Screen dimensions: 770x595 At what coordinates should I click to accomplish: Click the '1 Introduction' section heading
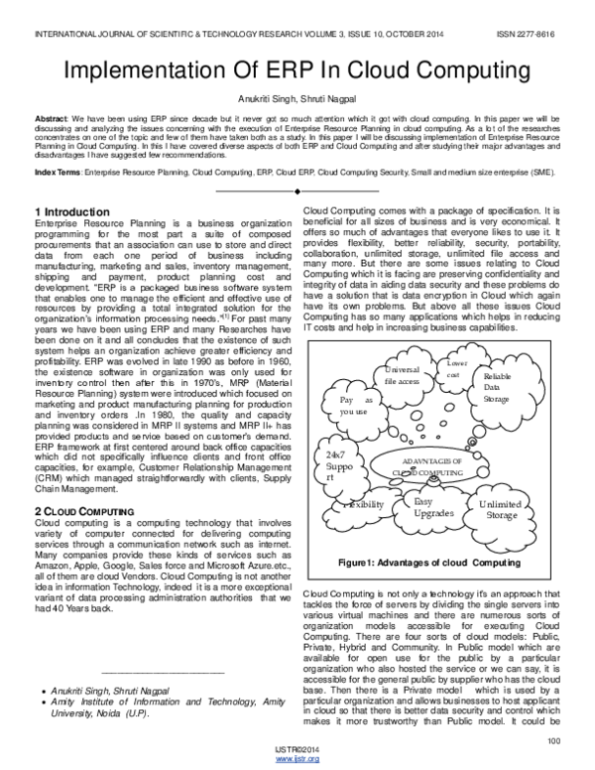point(72,211)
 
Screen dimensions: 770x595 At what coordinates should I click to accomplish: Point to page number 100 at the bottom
point(553,738)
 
